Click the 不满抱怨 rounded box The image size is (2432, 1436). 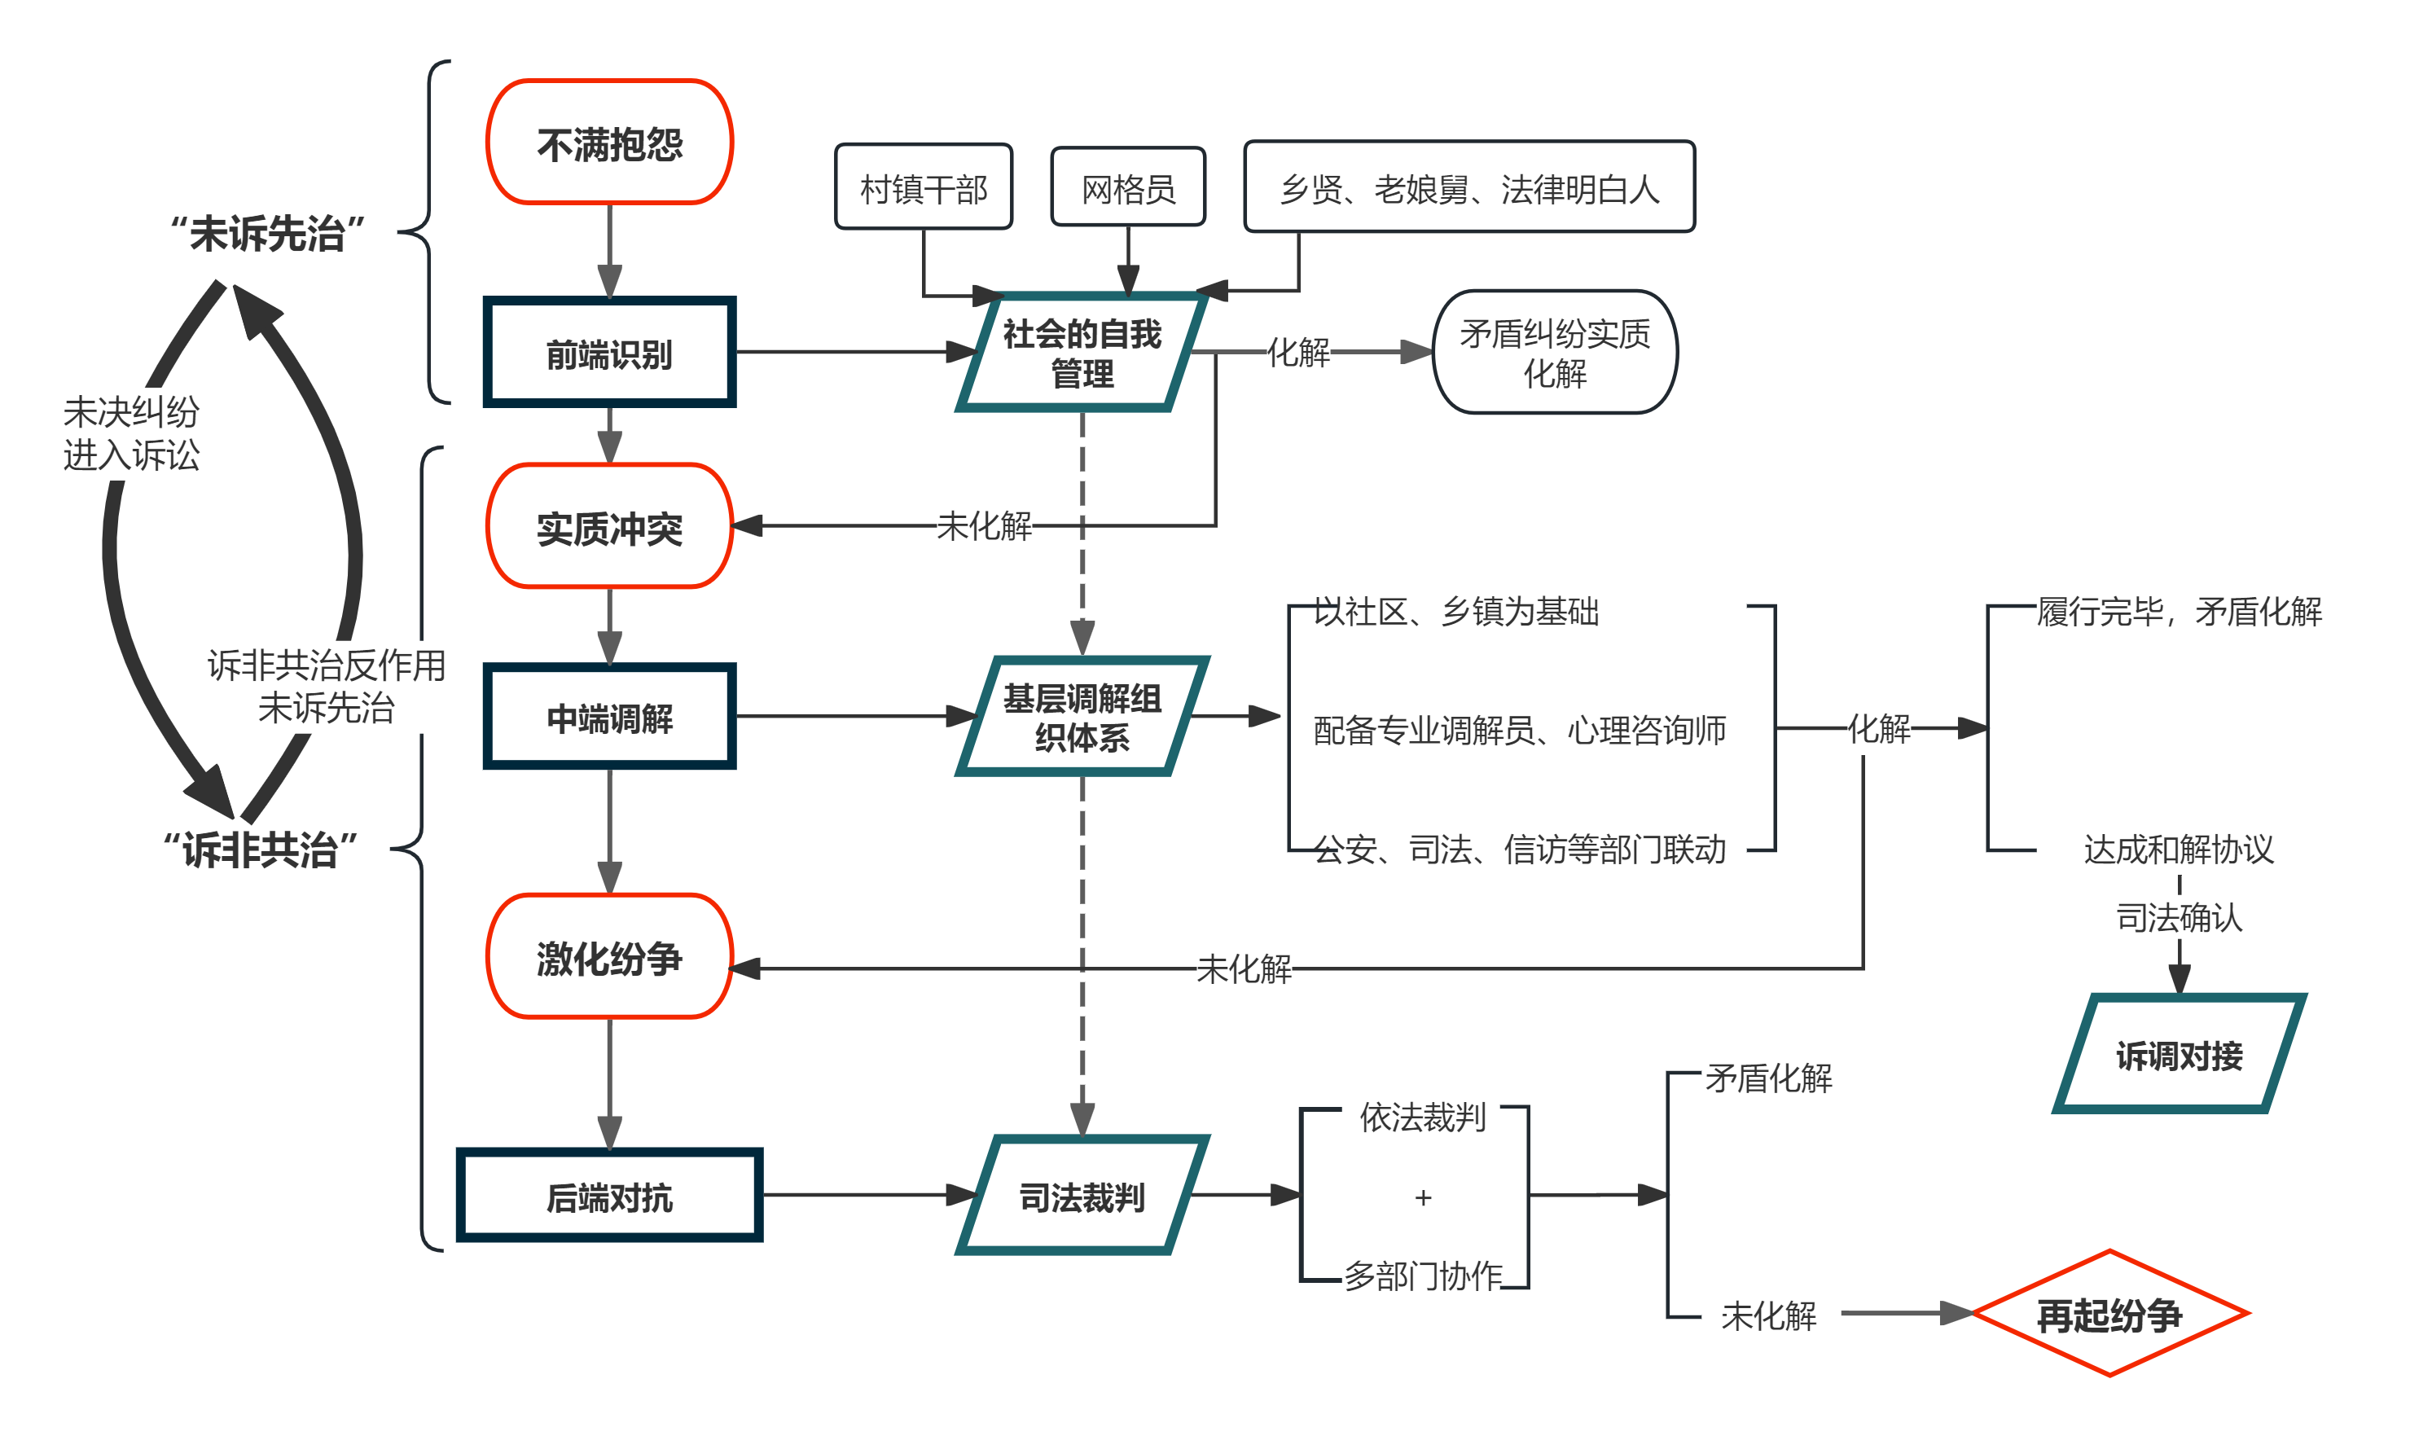coord(609,143)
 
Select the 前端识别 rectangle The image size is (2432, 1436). coord(609,354)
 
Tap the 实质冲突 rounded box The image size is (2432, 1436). coord(609,526)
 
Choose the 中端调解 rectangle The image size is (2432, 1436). coord(609,717)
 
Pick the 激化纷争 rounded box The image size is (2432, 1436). coord(609,957)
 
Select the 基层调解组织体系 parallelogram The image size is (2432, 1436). coord(1082,717)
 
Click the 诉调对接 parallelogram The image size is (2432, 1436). coord(2179,1055)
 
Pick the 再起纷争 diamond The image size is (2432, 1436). coord(2109,1314)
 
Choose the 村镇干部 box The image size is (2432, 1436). coord(924,187)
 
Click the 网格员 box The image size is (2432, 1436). coord(1128,187)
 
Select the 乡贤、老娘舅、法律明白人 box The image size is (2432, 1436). coord(1468,187)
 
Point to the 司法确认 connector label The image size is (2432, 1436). coord(2179,916)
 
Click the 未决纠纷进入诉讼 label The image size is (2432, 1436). coord(132,433)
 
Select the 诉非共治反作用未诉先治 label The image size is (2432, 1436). coord(327,686)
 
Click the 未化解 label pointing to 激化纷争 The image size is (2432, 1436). coord(1244,968)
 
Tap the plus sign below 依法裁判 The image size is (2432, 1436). coord(1422,1198)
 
